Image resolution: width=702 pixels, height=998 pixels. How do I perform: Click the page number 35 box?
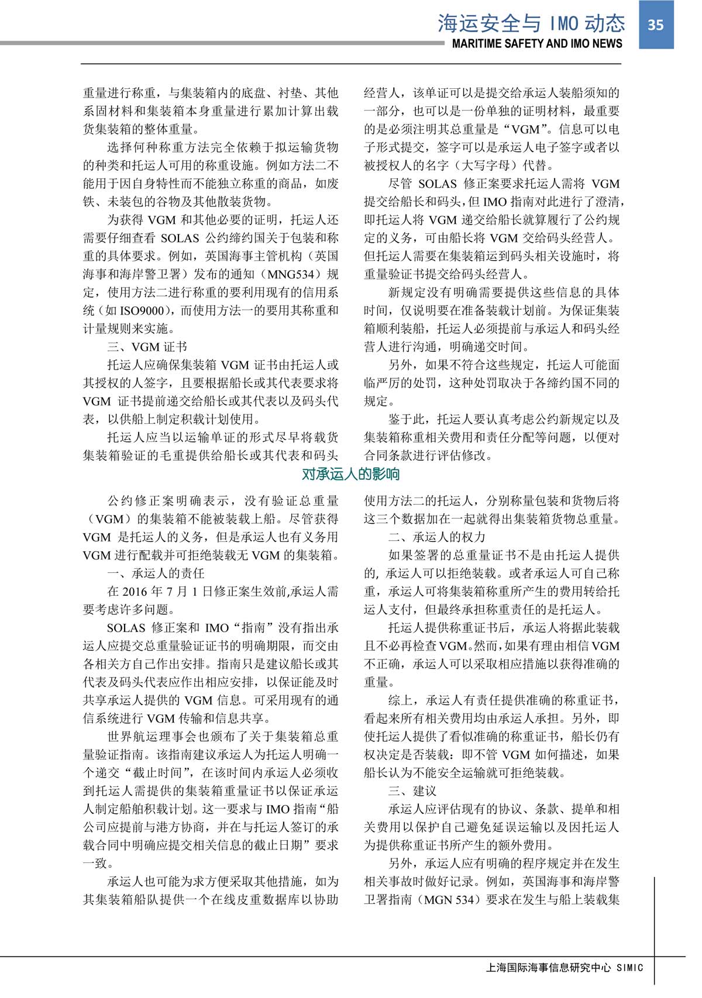point(656,24)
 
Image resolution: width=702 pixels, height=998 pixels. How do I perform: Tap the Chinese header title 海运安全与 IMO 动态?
point(531,23)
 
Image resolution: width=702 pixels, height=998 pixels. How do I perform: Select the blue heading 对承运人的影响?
point(351,474)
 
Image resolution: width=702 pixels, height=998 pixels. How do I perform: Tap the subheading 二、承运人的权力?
point(436,537)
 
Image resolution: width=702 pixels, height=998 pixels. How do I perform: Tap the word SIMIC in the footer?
point(630,968)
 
